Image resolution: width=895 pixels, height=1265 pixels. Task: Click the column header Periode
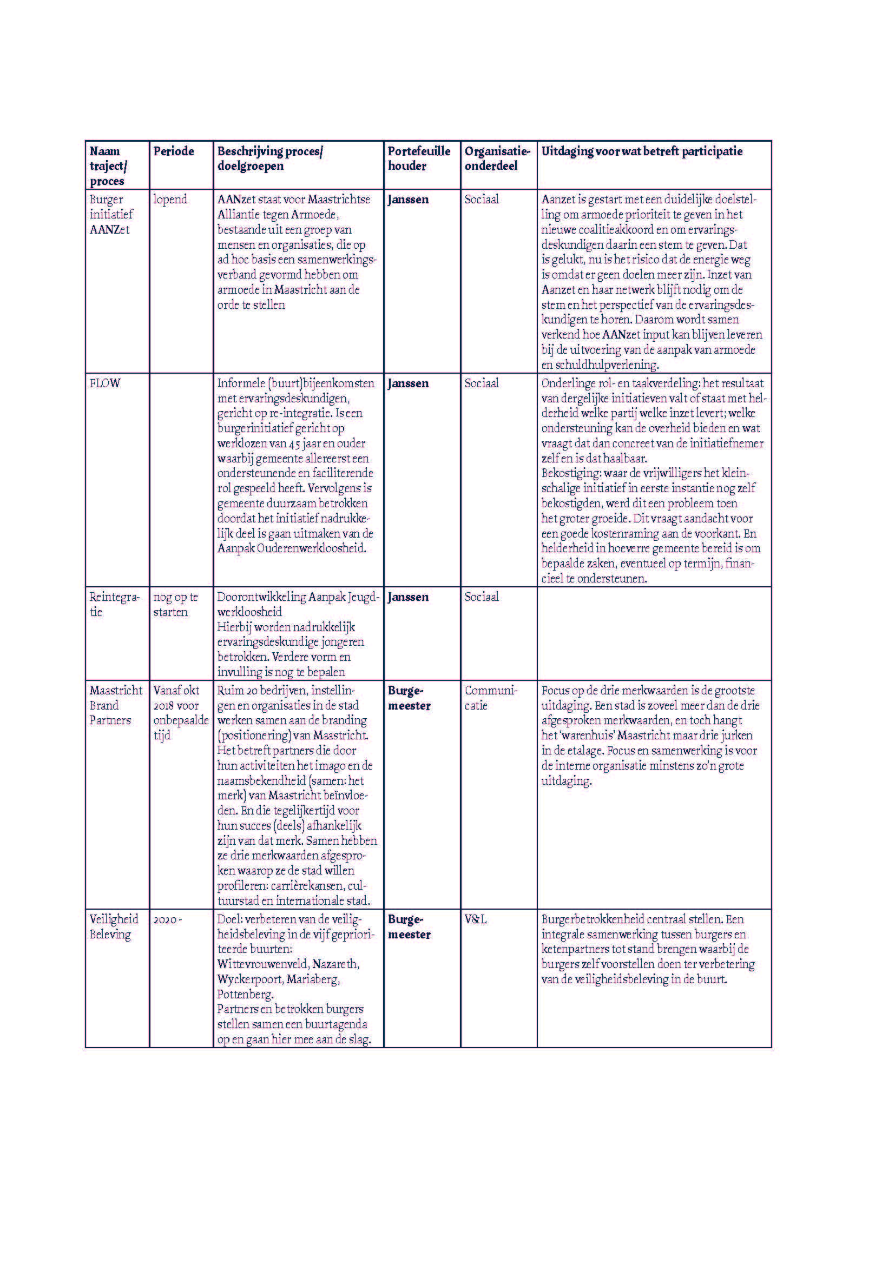[x=174, y=151]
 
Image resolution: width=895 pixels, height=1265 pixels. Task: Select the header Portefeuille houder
[x=418, y=158]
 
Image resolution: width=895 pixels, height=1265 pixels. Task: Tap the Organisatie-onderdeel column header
[x=497, y=158]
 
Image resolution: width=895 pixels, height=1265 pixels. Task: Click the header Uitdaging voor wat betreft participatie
[x=642, y=151]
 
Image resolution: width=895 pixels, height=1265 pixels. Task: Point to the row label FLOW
[x=105, y=383]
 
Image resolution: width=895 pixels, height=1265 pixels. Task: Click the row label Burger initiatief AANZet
[x=111, y=214]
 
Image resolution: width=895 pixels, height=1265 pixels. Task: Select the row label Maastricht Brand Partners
[x=116, y=705]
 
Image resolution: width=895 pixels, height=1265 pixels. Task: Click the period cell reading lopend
[x=170, y=200]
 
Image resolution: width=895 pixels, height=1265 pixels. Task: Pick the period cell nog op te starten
[x=175, y=605]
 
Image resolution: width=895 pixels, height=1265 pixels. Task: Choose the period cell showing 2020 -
[x=167, y=920]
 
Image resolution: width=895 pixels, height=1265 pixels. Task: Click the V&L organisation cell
[x=475, y=919]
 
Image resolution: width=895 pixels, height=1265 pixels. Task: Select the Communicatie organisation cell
[x=490, y=698]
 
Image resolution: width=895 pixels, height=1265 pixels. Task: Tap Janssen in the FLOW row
[x=408, y=383]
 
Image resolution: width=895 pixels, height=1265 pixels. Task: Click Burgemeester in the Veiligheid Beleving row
[x=409, y=927]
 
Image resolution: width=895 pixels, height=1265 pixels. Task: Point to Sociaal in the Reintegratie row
[x=481, y=597]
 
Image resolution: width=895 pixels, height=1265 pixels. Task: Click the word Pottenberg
[x=245, y=995]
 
